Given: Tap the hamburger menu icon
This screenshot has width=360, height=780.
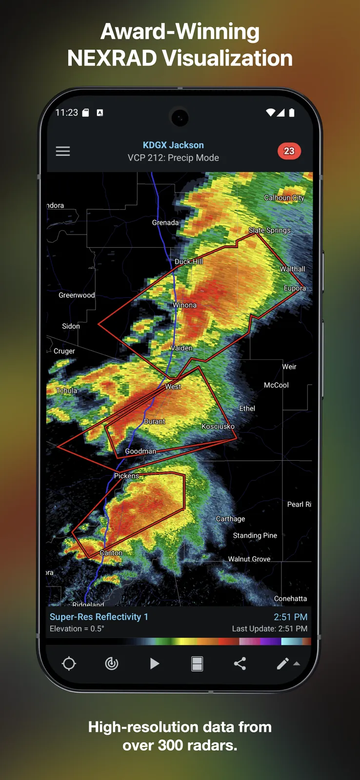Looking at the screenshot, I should coord(63,151).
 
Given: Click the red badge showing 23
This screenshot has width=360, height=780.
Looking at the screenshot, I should coord(289,151).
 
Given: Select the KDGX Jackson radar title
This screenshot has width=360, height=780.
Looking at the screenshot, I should coord(173,145).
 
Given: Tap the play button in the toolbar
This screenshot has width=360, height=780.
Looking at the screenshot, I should coord(154,663).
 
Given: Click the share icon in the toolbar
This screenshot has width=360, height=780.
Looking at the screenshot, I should coord(240,663).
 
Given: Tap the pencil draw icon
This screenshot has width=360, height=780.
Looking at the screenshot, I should coord(282,663).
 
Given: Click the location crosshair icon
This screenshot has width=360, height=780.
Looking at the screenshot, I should coord(69,663).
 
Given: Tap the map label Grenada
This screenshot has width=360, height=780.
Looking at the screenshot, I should coord(165,223).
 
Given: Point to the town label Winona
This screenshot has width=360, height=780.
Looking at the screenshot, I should coord(184,305).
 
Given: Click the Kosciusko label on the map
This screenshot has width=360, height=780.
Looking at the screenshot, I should coord(218,427).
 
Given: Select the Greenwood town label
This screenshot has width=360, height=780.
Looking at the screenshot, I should coord(77,295).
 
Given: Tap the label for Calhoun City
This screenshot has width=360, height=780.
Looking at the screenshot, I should coord(284,197).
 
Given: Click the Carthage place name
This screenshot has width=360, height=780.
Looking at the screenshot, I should coord(231,519).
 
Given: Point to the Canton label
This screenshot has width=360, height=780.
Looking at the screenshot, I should coord(111,553).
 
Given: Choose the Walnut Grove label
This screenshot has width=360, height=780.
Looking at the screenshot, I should coord(249,559).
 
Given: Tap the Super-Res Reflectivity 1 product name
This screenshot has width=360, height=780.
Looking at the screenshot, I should coord(99,617).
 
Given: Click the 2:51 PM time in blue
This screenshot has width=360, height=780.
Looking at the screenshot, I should coord(290,617).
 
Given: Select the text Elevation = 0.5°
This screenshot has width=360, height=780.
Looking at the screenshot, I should coord(77,629).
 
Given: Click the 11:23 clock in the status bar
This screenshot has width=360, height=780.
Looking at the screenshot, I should coord(66,113).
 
